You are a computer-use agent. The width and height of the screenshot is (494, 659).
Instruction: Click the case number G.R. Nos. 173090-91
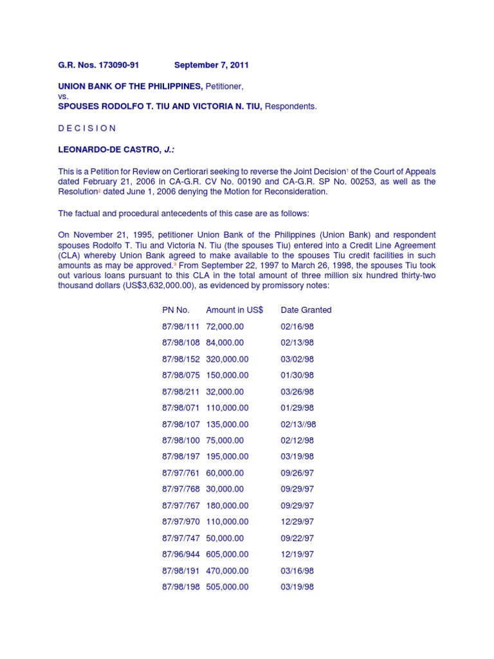pyautogui.click(x=98, y=65)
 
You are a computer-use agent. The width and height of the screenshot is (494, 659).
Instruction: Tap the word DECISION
pyautogui.click(x=87, y=128)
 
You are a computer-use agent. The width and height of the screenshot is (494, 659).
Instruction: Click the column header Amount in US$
pyautogui.click(x=234, y=310)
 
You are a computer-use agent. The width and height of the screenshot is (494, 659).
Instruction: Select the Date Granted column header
pyautogui.click(x=306, y=310)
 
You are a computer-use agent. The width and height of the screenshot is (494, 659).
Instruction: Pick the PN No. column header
pyautogui.click(x=176, y=310)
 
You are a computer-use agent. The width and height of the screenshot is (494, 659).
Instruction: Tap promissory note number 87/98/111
pyautogui.click(x=181, y=326)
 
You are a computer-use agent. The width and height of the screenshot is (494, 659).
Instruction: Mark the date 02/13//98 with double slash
pyautogui.click(x=298, y=424)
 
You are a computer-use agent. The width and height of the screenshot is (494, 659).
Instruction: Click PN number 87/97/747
pyautogui.click(x=181, y=538)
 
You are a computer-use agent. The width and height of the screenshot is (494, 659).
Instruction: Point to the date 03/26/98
pyautogui.click(x=297, y=391)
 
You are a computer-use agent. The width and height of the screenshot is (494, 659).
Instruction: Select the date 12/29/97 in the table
pyautogui.click(x=297, y=522)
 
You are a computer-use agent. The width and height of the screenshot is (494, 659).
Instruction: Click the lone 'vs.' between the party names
pyautogui.click(x=63, y=96)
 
